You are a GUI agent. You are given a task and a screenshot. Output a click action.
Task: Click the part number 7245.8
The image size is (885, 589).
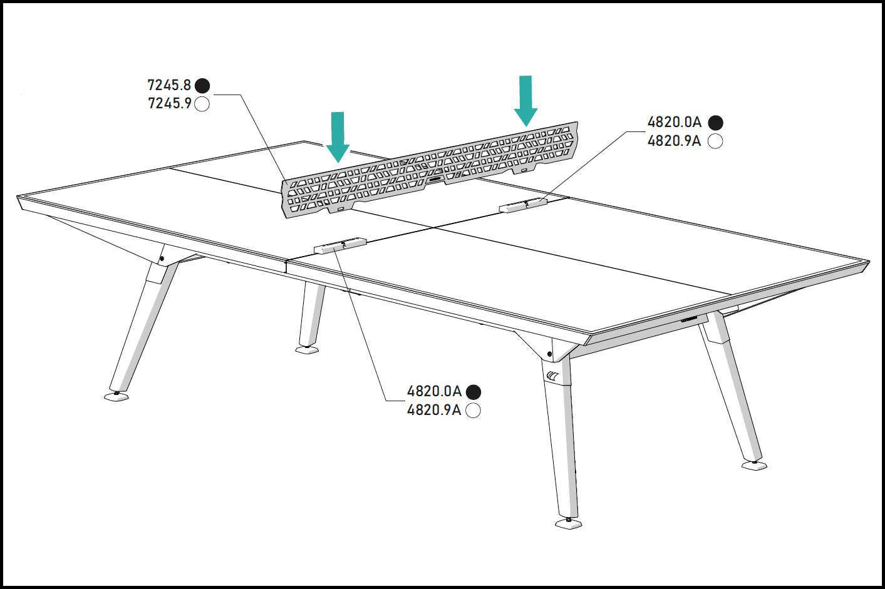coord(169,85)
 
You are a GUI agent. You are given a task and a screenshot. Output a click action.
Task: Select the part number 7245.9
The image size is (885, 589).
coord(170,103)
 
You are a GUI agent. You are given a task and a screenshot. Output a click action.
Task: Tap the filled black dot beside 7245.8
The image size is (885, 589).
coord(202,86)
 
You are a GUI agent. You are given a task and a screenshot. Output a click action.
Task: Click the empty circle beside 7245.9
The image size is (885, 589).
coord(202,105)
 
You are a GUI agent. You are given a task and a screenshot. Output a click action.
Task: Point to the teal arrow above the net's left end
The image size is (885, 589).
coord(338,137)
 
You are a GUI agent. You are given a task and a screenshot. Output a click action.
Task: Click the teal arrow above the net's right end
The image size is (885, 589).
coord(525,101)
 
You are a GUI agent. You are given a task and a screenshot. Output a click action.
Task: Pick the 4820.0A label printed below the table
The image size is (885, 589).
coord(434,391)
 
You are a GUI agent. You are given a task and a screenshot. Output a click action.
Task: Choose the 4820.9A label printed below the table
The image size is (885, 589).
coord(434,410)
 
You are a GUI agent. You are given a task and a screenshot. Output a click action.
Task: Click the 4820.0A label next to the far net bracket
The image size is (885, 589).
coord(675,123)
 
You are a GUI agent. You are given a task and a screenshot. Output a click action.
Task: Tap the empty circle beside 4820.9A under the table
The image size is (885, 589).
coord(474,411)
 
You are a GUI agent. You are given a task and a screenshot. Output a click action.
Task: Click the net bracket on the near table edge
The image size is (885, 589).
coord(340,245)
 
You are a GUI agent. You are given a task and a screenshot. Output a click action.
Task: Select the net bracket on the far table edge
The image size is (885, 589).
coord(523,205)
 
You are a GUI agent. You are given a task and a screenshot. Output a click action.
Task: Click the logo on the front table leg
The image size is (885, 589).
coord(552,376)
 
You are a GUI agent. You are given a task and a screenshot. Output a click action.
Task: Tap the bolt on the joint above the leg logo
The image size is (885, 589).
coord(549,354)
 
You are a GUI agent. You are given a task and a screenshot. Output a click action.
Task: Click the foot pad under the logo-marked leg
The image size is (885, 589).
coord(569,524)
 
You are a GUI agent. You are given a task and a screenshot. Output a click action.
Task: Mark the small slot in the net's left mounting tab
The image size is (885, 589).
coord(341,208)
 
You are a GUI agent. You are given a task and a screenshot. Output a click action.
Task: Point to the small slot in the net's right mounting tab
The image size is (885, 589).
coord(524,170)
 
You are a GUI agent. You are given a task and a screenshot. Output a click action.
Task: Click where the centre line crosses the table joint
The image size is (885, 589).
coord(434,228)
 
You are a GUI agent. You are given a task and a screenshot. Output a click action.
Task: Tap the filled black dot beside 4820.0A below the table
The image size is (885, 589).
coord(474,392)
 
